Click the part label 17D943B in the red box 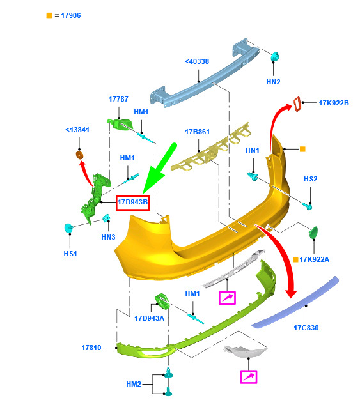[133, 203]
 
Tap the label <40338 [197, 61]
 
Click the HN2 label [273, 82]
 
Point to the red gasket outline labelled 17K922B [297, 104]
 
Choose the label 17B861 [197, 132]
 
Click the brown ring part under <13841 [79, 155]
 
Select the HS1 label [70, 254]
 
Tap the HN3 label [108, 237]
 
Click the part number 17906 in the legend [71, 15]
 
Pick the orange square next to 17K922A [296, 259]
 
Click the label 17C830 [306, 328]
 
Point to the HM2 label [134, 384]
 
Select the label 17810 [91, 348]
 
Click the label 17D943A [150, 318]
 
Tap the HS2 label [310, 179]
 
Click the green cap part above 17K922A [313, 233]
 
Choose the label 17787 [118, 99]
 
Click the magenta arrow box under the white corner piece [249, 377]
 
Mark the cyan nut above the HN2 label [276, 57]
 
